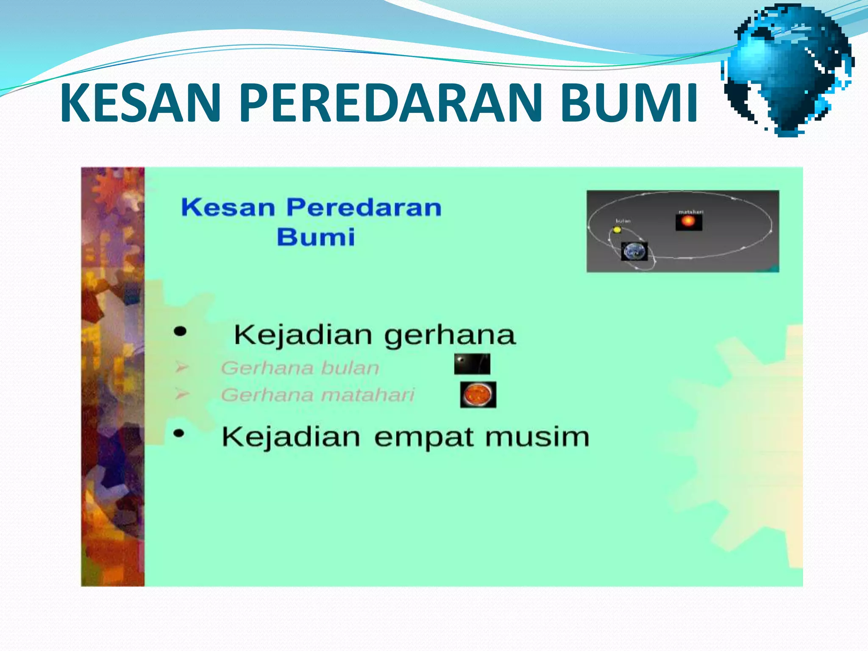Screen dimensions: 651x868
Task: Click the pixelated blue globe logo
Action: pyautogui.click(x=788, y=70)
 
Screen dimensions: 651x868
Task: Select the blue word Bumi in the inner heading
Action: pyautogui.click(x=316, y=237)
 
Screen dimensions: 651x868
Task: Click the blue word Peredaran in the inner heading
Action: pyautogui.click(x=364, y=208)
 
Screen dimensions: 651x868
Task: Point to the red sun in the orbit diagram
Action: pyautogui.click(x=688, y=222)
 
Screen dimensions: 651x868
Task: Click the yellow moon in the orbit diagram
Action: pyautogui.click(x=617, y=230)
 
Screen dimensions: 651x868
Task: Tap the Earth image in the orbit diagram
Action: pyautogui.click(x=634, y=251)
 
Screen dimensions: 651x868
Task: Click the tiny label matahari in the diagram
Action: pyautogui.click(x=691, y=211)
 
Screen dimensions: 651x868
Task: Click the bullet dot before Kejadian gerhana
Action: pyautogui.click(x=180, y=331)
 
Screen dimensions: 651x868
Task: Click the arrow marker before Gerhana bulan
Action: pyautogui.click(x=181, y=367)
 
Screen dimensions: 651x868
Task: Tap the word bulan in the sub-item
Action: pyautogui.click(x=350, y=368)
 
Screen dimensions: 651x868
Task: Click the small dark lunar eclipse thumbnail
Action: pyautogui.click(x=472, y=364)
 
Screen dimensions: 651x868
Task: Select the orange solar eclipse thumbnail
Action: pyautogui.click(x=478, y=395)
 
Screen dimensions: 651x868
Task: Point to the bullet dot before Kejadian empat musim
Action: pyautogui.click(x=179, y=433)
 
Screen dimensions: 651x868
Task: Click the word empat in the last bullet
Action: pyautogui.click(x=423, y=437)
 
